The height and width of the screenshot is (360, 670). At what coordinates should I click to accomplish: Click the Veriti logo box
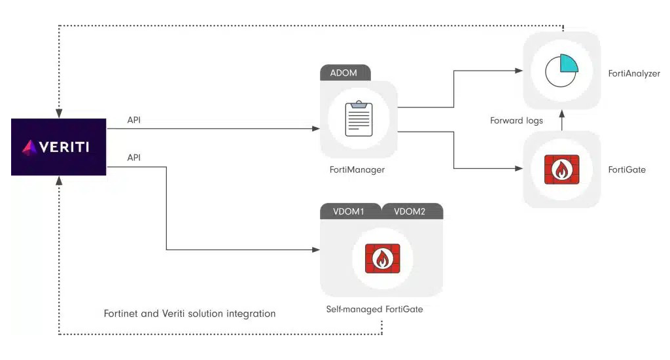coord(58,147)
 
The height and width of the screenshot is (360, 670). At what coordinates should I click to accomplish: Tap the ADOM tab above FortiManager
coord(345,73)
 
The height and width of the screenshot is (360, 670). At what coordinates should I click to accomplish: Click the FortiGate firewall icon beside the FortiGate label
coord(561,170)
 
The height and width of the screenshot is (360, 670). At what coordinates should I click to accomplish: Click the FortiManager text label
coord(357,170)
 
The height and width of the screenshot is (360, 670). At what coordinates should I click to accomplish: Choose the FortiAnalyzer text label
coord(634,74)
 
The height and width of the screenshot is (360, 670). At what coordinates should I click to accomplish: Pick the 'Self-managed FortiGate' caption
coord(374,309)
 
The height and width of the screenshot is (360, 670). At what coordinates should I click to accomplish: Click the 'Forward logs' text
coord(516,121)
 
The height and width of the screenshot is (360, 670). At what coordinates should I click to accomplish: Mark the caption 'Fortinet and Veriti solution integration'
coord(190,314)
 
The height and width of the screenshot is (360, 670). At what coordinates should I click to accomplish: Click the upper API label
coord(134,120)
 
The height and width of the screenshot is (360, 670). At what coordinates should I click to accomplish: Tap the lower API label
coord(134,158)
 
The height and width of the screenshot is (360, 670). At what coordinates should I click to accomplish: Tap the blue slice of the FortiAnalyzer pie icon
coord(569,62)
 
